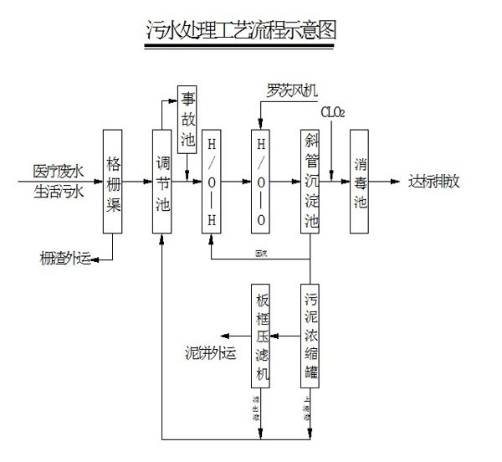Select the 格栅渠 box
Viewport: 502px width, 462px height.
[x=114, y=182]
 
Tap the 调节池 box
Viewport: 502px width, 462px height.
[x=162, y=182]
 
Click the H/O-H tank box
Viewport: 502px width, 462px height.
[x=213, y=182]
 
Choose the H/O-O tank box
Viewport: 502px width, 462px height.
[x=261, y=182]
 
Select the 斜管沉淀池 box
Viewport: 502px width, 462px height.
[x=310, y=182]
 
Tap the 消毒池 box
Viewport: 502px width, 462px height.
[x=360, y=182]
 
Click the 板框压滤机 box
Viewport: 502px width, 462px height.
[x=262, y=335]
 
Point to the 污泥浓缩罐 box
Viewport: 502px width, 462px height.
[x=310, y=335]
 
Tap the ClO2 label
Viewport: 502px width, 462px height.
[x=332, y=111]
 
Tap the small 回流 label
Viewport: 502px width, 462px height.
[x=261, y=252]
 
